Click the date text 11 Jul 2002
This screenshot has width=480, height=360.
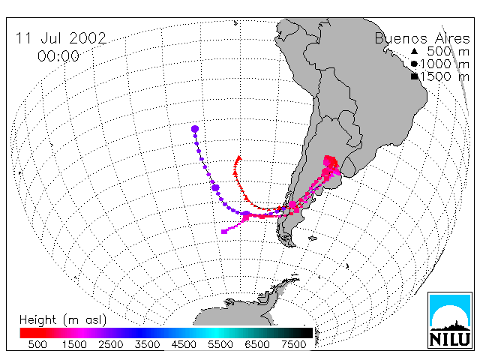click(61, 38)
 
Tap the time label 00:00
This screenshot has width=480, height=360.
click(58, 56)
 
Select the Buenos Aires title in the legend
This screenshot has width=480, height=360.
click(422, 38)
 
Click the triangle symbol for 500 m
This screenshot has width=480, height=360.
click(414, 51)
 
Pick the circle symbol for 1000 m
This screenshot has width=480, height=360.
click(414, 64)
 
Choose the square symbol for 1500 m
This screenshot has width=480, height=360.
click(415, 76)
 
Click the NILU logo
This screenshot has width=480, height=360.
click(450, 320)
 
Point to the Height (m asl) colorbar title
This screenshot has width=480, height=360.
click(63, 320)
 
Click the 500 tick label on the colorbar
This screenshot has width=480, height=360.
click(37, 344)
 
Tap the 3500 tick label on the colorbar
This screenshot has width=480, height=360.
click(147, 344)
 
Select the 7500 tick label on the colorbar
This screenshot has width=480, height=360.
click(293, 344)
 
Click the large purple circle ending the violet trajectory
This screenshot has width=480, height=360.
click(195, 129)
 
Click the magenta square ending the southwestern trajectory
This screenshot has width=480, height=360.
click(224, 232)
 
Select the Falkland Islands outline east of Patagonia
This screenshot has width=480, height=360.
click(313, 238)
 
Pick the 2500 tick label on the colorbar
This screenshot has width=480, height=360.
click(111, 344)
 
